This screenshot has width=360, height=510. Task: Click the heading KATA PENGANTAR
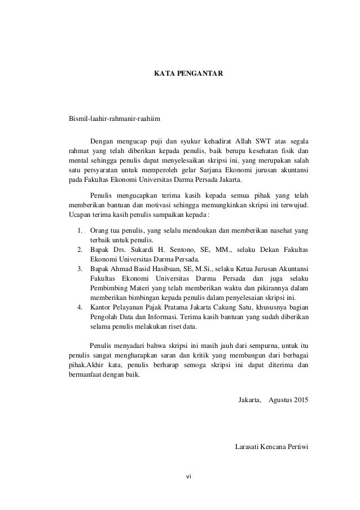180,73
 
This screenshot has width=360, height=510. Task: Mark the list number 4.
80,307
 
